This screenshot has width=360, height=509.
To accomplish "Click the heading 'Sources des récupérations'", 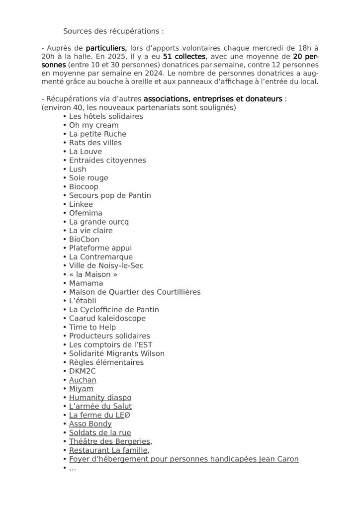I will [113, 31].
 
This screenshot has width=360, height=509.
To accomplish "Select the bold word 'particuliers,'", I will [106, 48].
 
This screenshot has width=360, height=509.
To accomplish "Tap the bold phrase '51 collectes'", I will [183, 57].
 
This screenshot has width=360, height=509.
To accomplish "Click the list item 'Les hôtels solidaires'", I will [106, 116].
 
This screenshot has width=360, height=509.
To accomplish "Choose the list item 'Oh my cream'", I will [93, 125].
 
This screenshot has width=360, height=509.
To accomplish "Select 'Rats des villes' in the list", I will [95, 143].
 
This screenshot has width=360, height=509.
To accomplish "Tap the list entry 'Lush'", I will [78, 169].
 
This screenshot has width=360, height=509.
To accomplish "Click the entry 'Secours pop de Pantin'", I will [110, 195].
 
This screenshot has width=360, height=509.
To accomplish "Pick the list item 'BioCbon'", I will [84, 239].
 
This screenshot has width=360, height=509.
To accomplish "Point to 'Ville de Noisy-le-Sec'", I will [106, 265].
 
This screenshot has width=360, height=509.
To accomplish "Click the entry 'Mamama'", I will [86, 283].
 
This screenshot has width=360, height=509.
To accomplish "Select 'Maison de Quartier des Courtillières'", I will [135, 292].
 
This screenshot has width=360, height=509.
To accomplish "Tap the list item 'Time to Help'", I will [92, 327].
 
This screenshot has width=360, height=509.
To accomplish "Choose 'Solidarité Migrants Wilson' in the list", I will [117, 353].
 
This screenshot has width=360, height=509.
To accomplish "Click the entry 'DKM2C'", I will [82, 371].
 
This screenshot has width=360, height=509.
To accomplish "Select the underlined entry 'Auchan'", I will [83, 380].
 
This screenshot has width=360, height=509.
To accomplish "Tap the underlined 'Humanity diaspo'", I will [100, 398].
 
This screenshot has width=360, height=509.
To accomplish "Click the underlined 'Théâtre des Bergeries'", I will [109, 441].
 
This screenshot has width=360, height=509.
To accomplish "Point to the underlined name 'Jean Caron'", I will [278, 459].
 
